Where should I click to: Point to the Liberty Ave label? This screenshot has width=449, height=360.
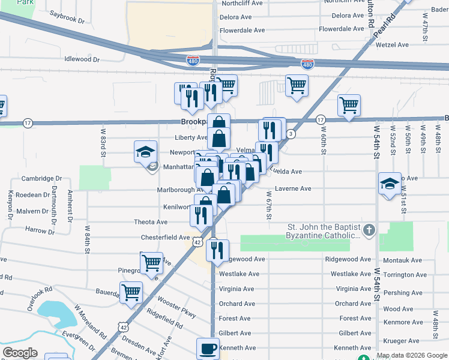point(191,137)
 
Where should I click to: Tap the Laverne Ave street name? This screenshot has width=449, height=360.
point(293,188)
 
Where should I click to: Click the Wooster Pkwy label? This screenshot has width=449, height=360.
point(177,306)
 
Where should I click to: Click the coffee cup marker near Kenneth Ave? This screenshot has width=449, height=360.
point(208,348)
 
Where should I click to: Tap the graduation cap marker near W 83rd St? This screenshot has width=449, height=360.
point(145,152)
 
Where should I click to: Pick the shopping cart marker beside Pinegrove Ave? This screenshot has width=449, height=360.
point(151,262)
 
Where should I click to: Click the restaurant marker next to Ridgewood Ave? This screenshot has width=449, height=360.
point(217,249)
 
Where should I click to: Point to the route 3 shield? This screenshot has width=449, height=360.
point(291,133)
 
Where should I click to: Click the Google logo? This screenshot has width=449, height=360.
point(20,353)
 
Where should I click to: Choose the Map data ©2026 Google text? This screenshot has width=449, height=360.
point(412,355)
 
